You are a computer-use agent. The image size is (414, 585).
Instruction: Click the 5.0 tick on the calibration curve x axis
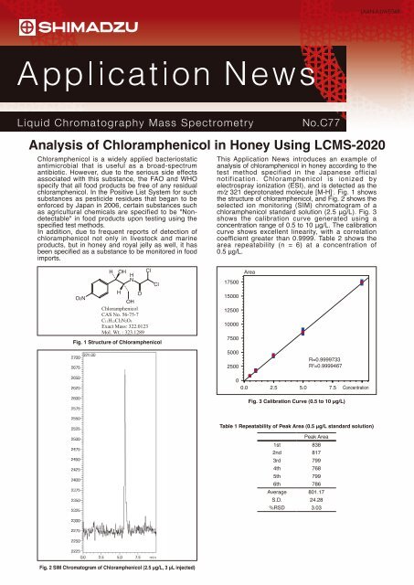[x=313, y=388]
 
